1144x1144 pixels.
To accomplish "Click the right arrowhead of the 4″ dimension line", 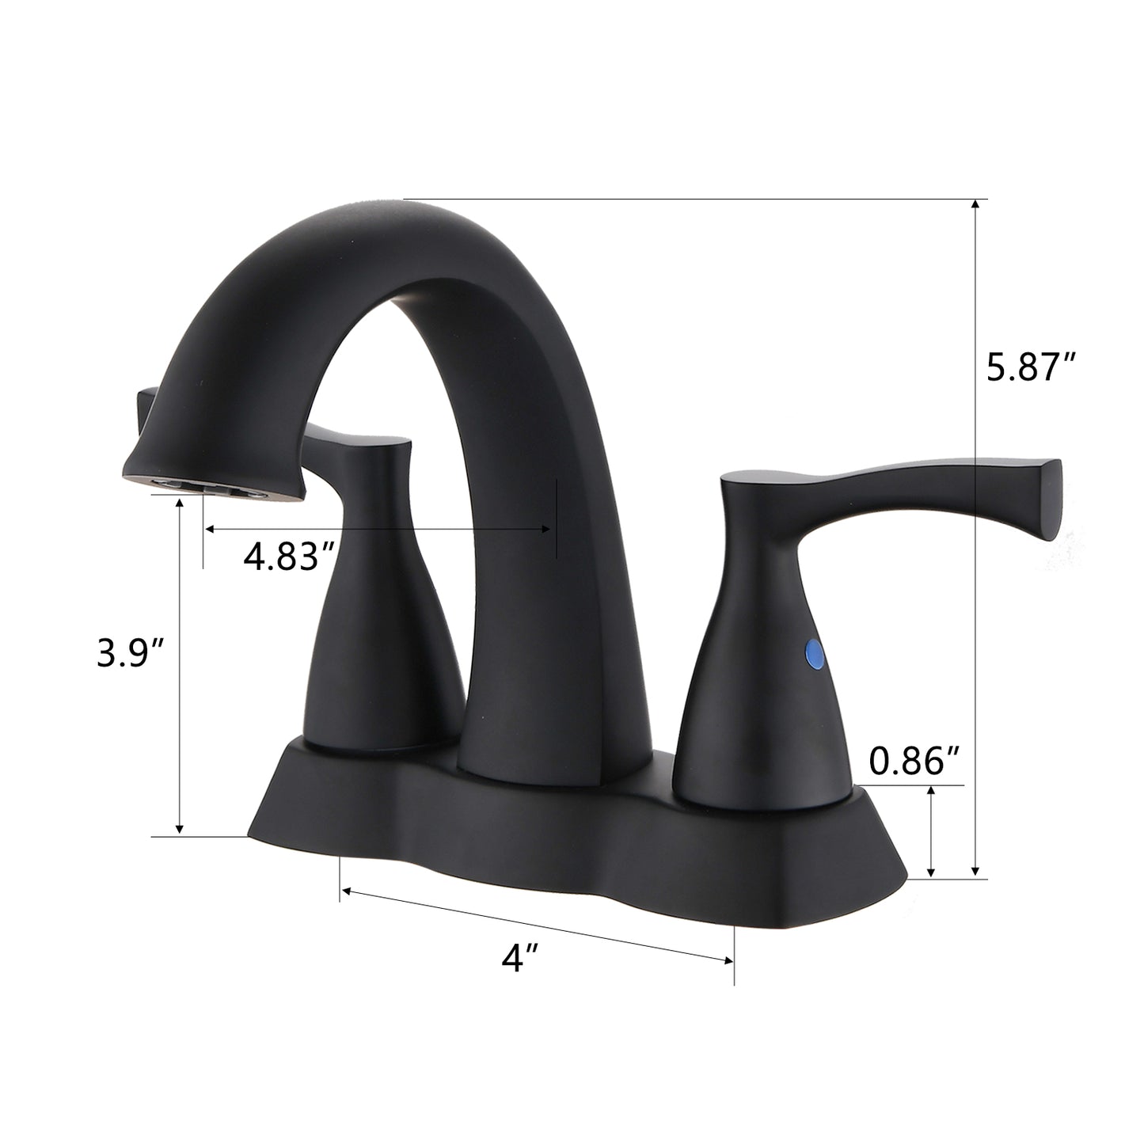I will [x=728, y=961].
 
